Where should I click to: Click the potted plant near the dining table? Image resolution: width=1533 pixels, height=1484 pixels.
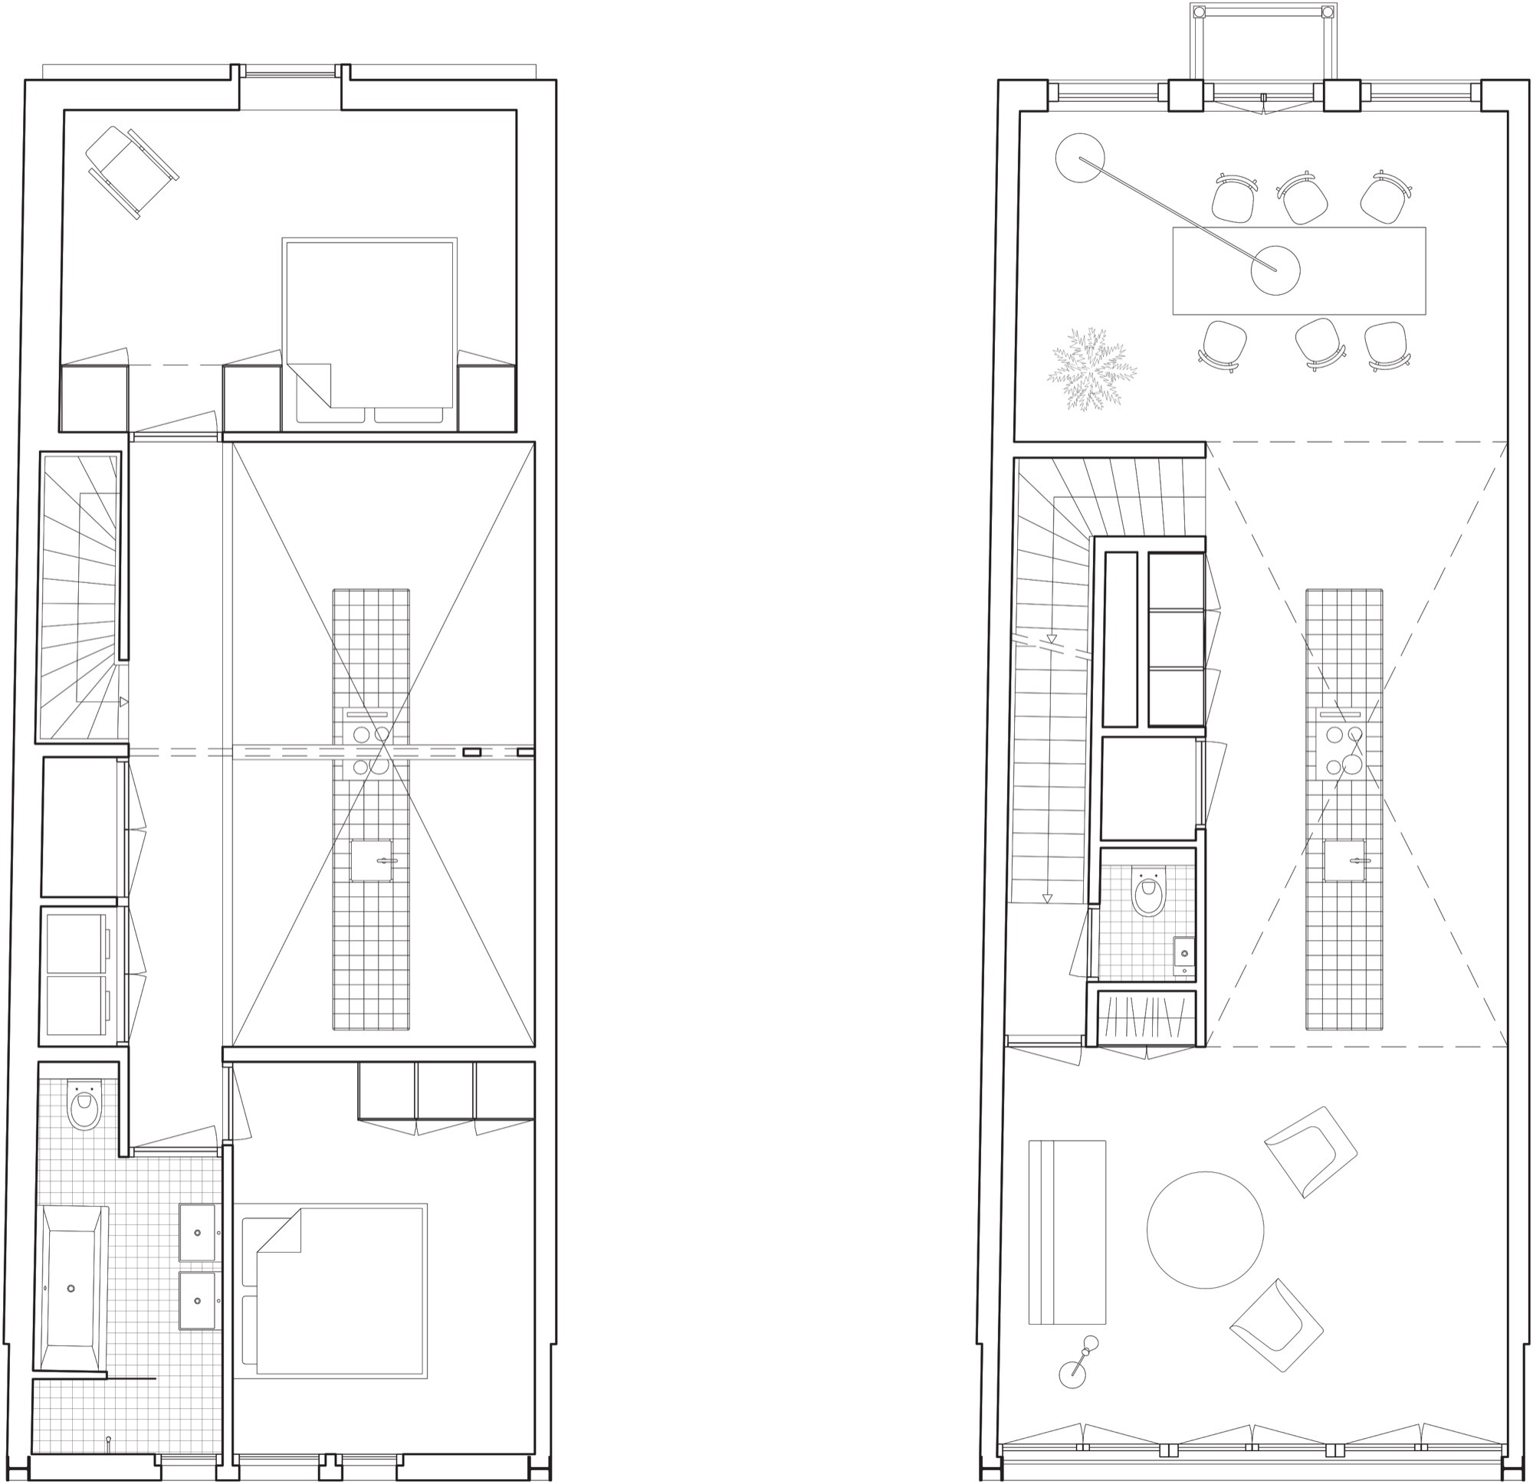click(x=1091, y=369)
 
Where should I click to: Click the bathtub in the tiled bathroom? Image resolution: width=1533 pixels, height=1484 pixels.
click(x=71, y=1287)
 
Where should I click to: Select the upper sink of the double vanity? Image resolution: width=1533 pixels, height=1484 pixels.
click(x=197, y=1232)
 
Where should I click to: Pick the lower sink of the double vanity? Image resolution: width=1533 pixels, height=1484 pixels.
click(x=197, y=1300)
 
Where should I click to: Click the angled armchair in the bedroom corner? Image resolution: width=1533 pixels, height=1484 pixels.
click(x=132, y=172)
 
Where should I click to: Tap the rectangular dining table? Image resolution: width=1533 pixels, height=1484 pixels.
click(x=1298, y=270)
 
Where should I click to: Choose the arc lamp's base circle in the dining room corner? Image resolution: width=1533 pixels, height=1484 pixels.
click(x=1079, y=158)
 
